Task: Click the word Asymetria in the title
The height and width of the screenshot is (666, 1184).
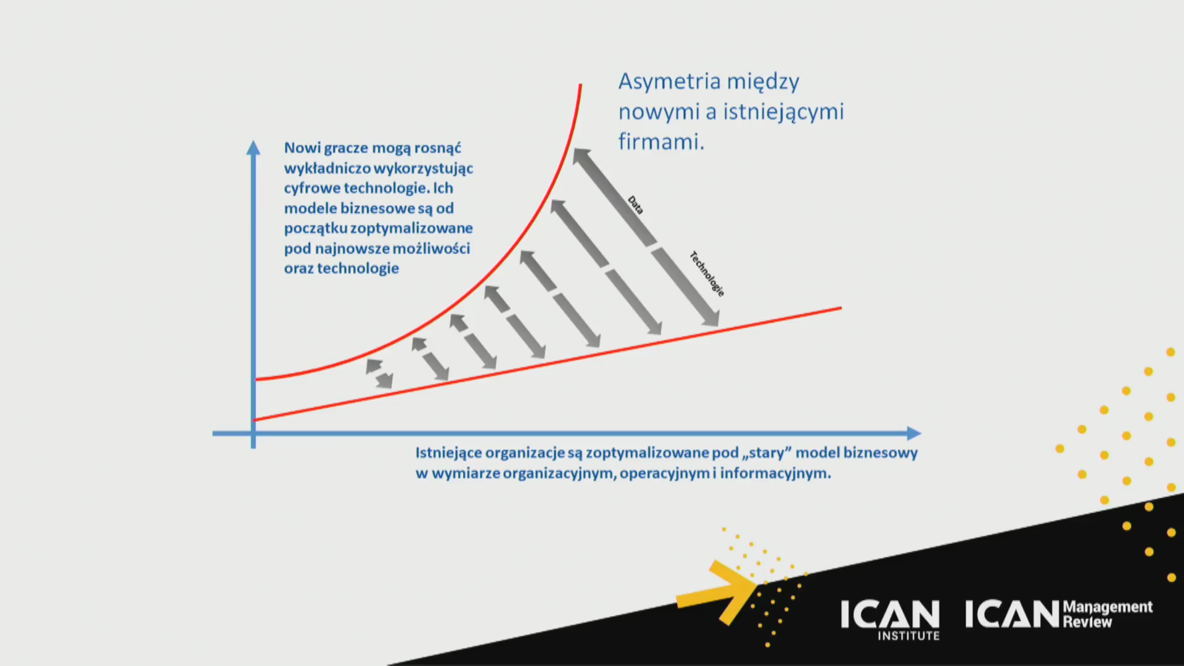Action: tap(670, 82)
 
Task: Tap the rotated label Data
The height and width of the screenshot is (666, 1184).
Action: tap(635, 205)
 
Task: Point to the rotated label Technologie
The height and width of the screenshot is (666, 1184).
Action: tap(707, 274)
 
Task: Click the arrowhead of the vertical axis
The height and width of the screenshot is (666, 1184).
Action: tap(253, 148)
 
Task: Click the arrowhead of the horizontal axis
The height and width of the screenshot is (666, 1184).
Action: tap(914, 434)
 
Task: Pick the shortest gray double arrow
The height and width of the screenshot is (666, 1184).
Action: tap(379, 374)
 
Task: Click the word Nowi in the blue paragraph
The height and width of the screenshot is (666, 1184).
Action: tap(302, 148)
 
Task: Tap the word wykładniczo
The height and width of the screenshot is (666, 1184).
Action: tap(327, 168)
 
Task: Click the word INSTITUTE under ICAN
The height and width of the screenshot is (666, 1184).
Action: tap(908, 636)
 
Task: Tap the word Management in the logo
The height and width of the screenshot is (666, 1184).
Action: tap(1108, 607)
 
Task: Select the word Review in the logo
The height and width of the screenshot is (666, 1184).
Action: tap(1087, 622)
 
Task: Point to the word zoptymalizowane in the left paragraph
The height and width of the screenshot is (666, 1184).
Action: tap(411, 228)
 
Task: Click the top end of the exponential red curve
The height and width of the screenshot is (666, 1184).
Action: tap(580, 84)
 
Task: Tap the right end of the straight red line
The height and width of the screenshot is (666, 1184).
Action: tap(841, 308)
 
